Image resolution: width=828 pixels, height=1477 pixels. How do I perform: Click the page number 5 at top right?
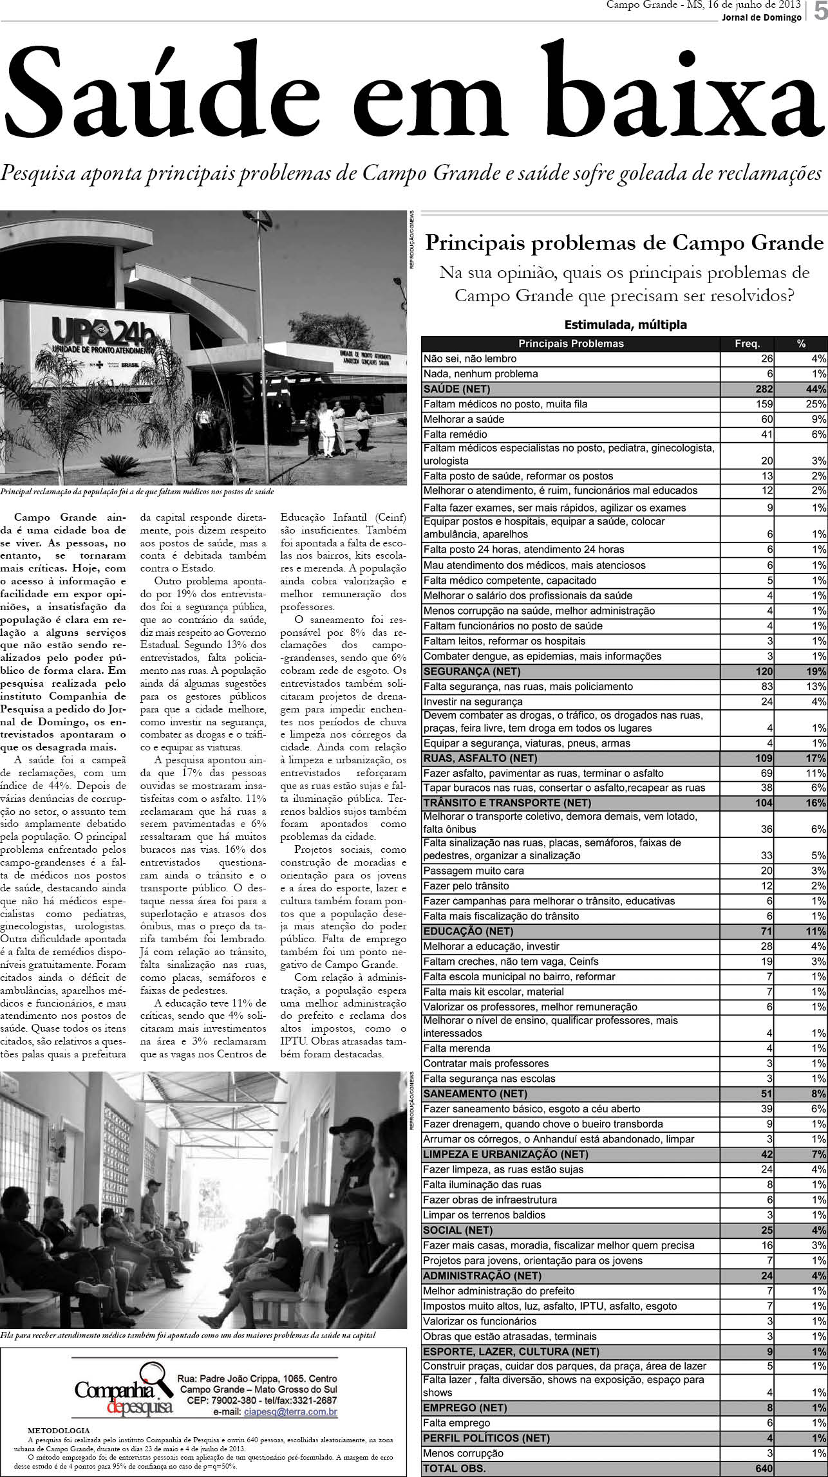point(820,12)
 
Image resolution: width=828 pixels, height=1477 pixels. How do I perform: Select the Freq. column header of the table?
point(747,344)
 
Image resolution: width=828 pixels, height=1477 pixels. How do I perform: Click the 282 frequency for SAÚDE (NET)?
point(763,389)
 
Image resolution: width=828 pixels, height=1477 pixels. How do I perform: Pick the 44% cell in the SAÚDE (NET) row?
point(815,389)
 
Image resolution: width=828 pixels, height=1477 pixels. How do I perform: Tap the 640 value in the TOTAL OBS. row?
point(764,1468)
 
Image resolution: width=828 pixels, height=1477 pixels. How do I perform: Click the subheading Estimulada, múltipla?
point(625,325)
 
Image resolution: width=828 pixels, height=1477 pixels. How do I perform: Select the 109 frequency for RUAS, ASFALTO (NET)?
point(763,758)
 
